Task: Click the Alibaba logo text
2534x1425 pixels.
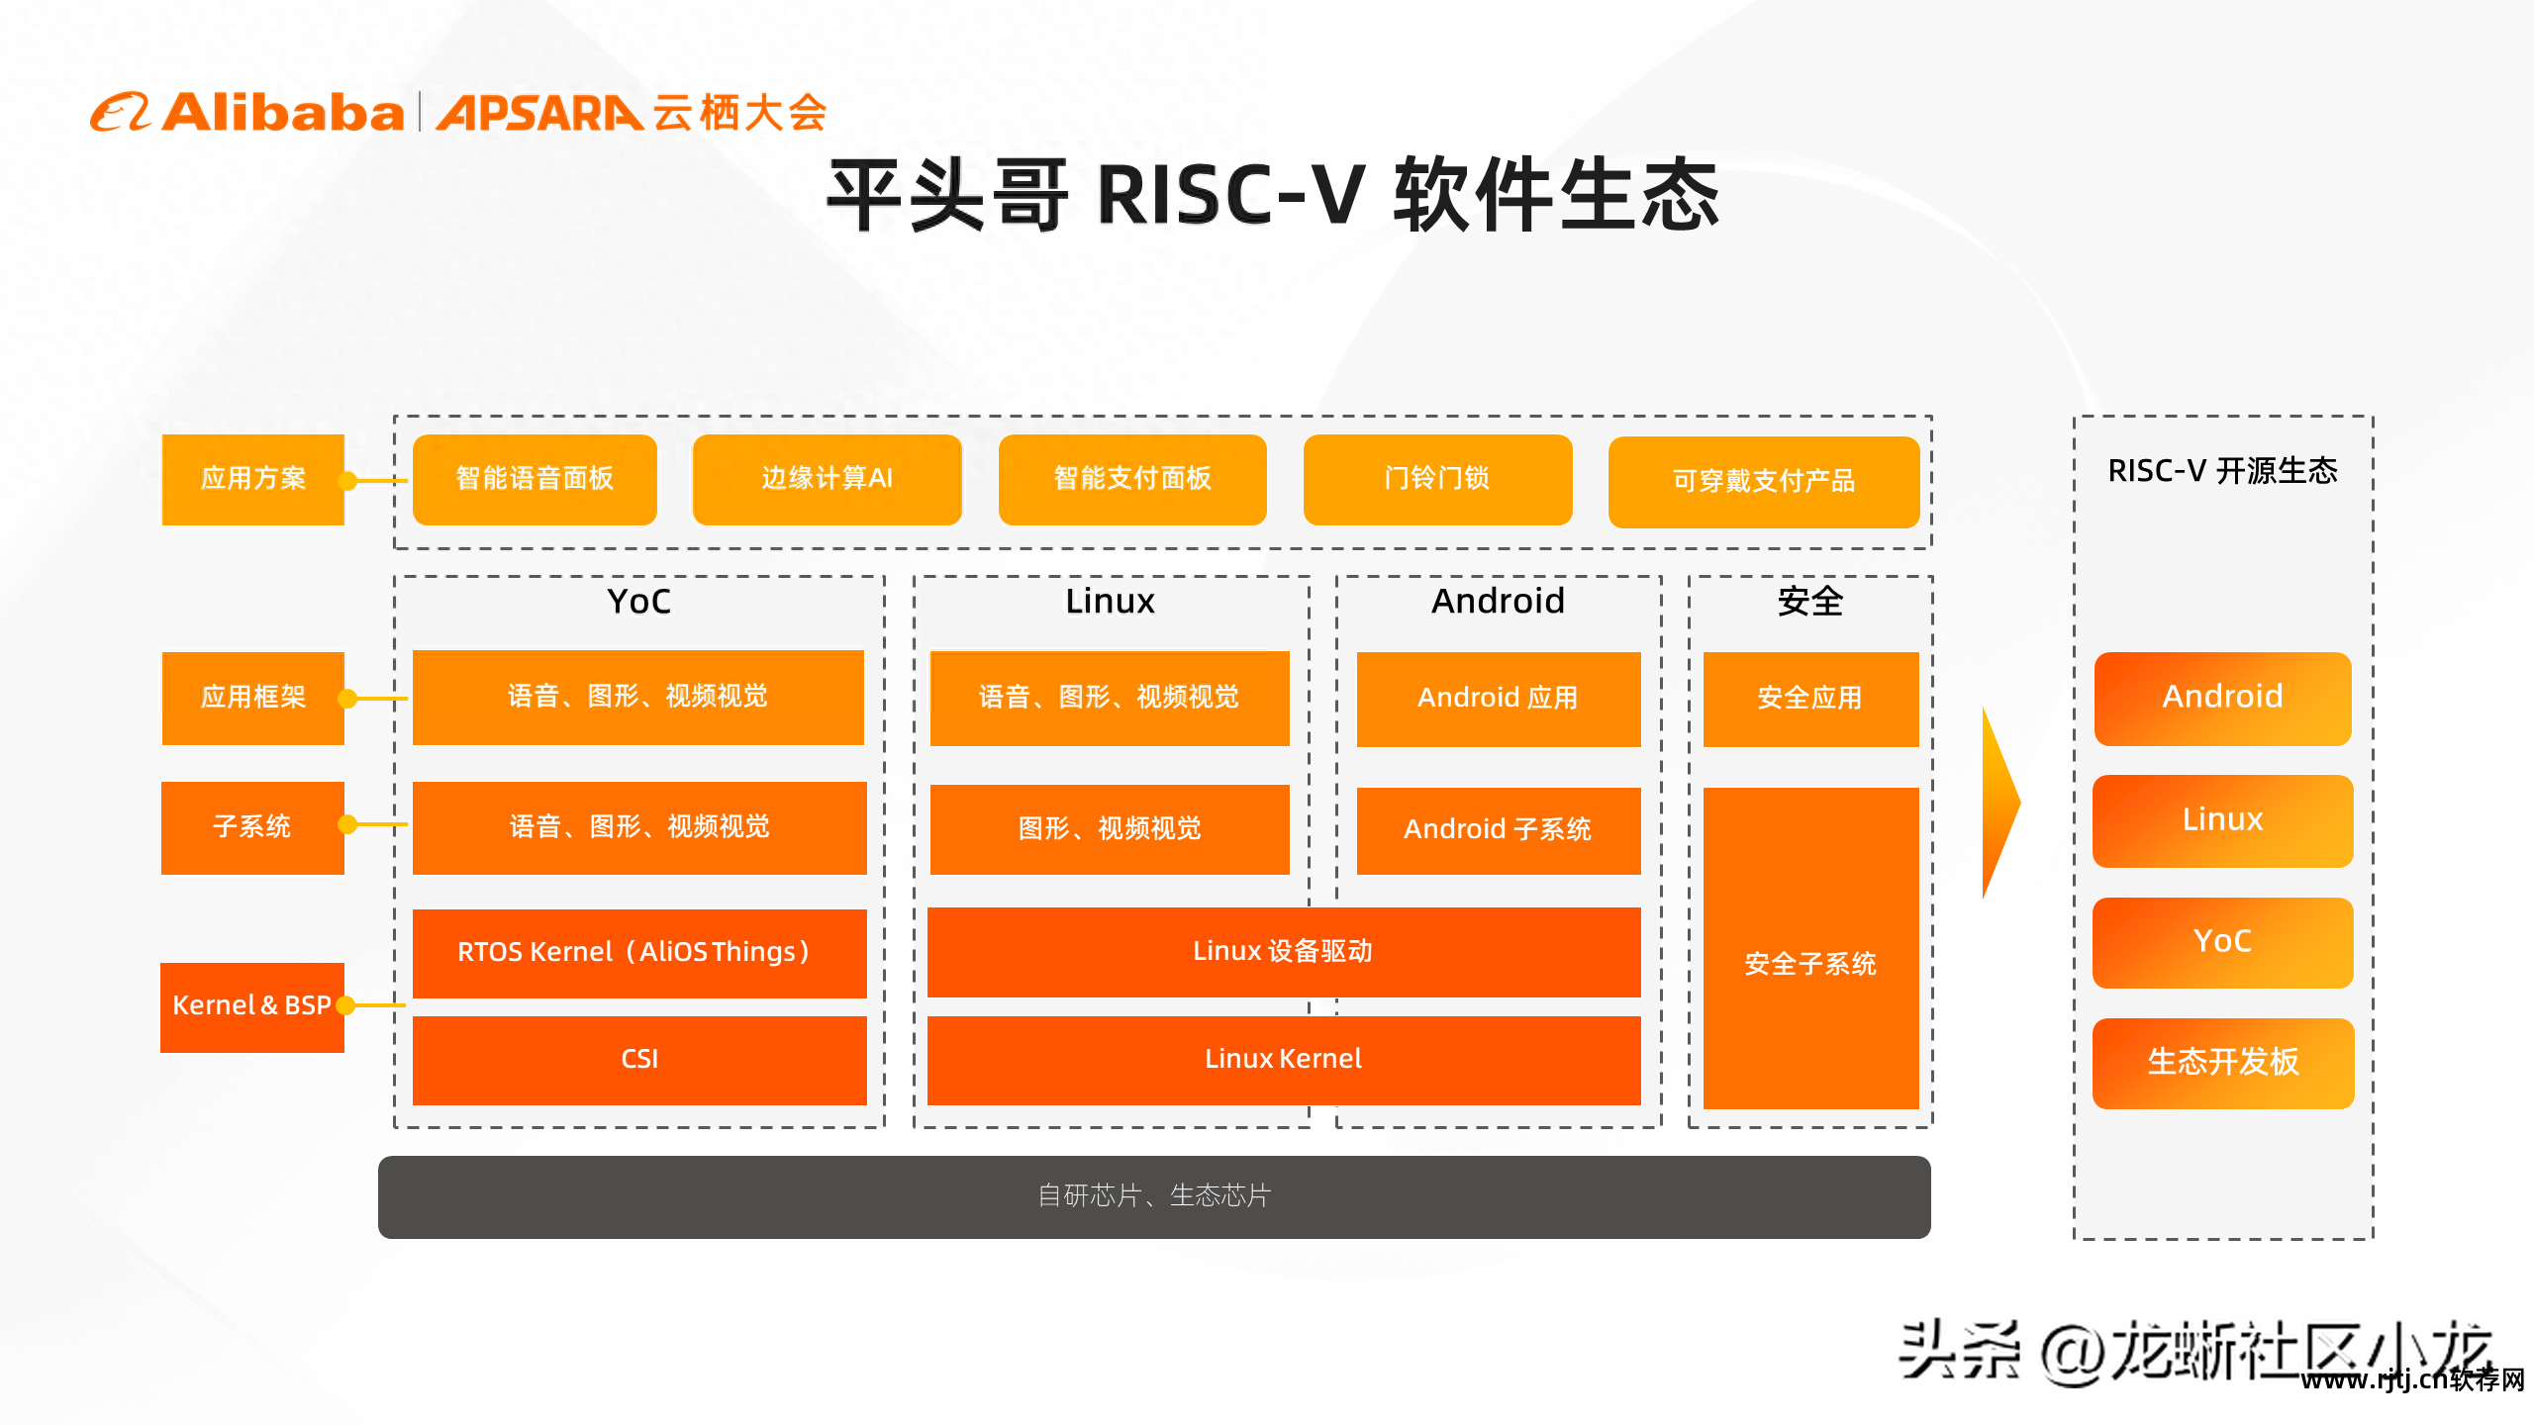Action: pyautogui.click(x=282, y=113)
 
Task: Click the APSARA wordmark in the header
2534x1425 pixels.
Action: pyautogui.click(x=539, y=113)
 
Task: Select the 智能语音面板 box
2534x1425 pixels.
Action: pyautogui.click(x=535, y=479)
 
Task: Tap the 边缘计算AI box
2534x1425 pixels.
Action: pyautogui.click(x=827, y=479)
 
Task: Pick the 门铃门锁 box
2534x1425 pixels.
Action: pyautogui.click(x=1437, y=479)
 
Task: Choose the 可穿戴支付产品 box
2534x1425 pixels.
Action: pyautogui.click(x=1763, y=482)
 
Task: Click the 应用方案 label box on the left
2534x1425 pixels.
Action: pyautogui.click(x=253, y=479)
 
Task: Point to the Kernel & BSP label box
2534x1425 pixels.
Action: pyautogui.click(x=251, y=1006)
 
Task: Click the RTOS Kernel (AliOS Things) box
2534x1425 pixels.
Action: pyautogui.click(x=638, y=952)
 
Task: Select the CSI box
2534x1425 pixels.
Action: pyautogui.click(x=638, y=1060)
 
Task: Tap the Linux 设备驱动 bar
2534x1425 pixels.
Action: pyautogui.click(x=1283, y=952)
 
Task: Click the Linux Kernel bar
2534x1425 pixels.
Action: pyautogui.click(x=1283, y=1060)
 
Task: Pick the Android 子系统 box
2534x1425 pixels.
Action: pyautogui.click(x=1498, y=829)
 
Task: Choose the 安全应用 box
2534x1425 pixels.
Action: pyautogui.click(x=1809, y=699)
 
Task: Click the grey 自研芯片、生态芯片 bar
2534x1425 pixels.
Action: pyautogui.click(x=1153, y=1196)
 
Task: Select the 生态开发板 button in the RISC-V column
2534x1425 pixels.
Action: pyautogui.click(x=2222, y=1063)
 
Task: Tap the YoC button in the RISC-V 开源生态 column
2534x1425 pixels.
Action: pyautogui.click(x=2222, y=941)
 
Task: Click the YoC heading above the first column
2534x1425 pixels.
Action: pyautogui.click(x=638, y=602)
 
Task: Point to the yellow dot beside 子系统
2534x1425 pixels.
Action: pyautogui.click(x=347, y=824)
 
